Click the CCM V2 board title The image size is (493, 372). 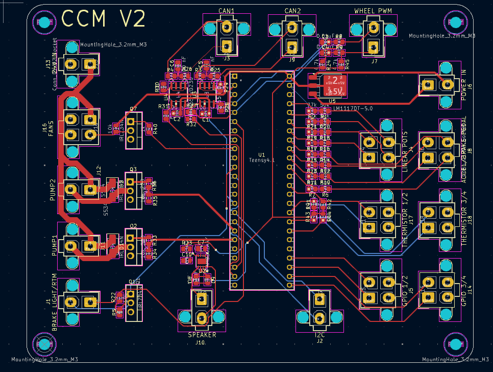point(104,19)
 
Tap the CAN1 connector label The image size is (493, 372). point(227,11)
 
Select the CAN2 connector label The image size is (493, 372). point(292,11)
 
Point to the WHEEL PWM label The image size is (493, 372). point(373,11)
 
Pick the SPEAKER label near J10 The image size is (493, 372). point(202,335)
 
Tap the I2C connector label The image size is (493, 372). point(320,334)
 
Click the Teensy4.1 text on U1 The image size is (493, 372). point(262,160)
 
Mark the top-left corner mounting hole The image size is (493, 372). point(44,22)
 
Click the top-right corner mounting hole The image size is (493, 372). point(455,22)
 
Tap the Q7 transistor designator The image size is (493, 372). point(133,109)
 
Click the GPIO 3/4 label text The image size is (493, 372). point(464,290)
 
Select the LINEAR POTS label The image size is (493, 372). point(405,151)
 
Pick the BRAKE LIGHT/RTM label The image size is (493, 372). point(55,301)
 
